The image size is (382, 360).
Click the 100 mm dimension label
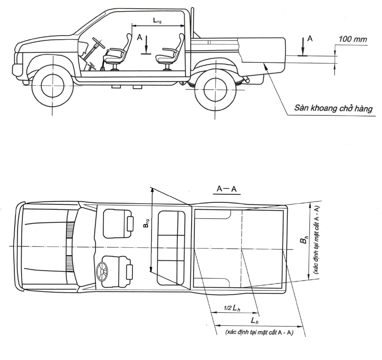pyautogui.click(x=353, y=39)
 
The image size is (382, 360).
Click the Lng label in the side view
pyautogui.click(x=157, y=20)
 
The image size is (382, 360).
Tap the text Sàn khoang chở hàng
pyautogui.click(x=333, y=108)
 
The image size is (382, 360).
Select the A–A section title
pyautogui.click(x=227, y=189)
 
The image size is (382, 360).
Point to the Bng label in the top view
pyautogui.click(x=146, y=223)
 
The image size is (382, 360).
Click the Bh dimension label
pyautogui.click(x=304, y=240)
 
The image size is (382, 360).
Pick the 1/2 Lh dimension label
pyautogui.click(x=232, y=308)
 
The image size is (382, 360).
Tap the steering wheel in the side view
pyautogui.click(x=98, y=42)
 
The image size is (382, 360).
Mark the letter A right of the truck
pyautogui.click(x=310, y=38)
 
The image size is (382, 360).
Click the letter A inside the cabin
pyautogui.click(x=139, y=37)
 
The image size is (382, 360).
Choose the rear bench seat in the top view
pyautogui.click(x=171, y=248)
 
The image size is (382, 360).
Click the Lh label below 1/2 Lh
pyautogui.click(x=254, y=321)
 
